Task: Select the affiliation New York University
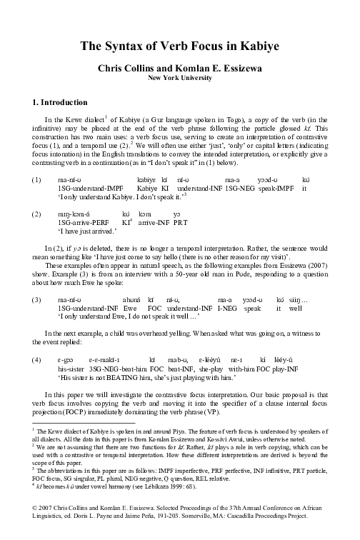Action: pos(180,79)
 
